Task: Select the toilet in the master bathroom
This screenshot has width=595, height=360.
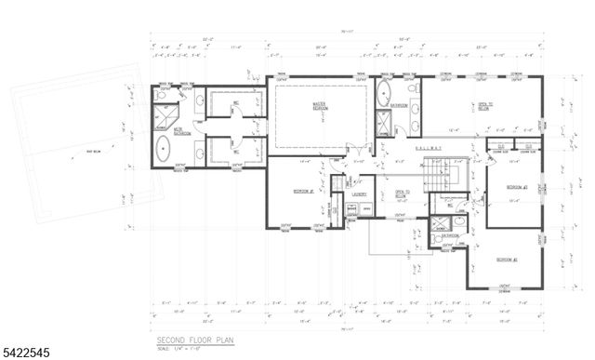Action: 161,94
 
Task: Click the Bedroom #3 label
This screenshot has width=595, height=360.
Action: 517,187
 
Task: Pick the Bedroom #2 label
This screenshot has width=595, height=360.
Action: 506,259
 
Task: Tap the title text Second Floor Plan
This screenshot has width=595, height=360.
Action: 194,340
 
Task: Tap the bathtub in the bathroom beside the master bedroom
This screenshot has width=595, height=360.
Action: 385,93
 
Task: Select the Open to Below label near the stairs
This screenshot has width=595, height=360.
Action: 403,195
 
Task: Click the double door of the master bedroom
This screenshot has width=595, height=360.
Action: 351,149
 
